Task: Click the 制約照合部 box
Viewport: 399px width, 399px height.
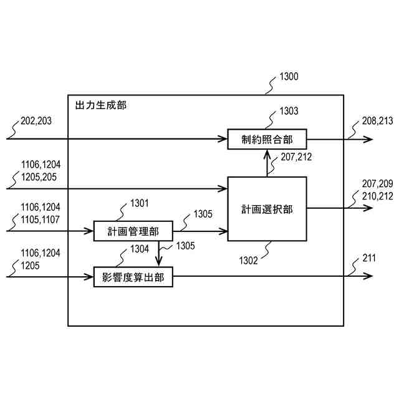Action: tap(267, 139)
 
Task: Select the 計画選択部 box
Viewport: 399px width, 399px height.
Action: tap(267, 209)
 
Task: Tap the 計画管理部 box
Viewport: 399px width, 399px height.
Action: tap(125, 231)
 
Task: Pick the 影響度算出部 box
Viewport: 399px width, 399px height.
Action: tap(133, 277)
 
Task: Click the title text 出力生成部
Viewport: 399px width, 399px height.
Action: tap(100, 105)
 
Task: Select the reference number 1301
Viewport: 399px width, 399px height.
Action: tap(142, 203)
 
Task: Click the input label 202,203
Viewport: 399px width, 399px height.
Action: tap(37, 122)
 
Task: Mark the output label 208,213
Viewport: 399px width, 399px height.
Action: tap(378, 122)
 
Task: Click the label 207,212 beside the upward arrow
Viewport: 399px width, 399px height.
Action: tap(296, 157)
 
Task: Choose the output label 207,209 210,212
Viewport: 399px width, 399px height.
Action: tap(378, 189)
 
